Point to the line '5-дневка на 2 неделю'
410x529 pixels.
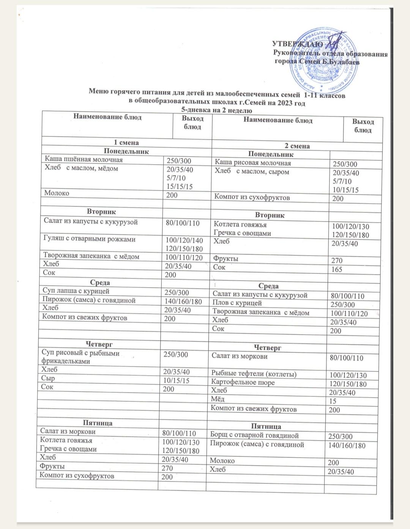(x=217, y=110)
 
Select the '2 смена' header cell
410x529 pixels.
(x=297, y=146)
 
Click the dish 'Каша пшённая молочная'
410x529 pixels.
(x=84, y=159)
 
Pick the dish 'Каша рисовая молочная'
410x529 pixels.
(x=253, y=163)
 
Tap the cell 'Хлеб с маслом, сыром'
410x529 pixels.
(x=252, y=172)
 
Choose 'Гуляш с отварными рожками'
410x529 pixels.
(x=89, y=239)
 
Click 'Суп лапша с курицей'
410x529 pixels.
(x=76, y=291)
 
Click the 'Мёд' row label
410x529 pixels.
(x=218, y=399)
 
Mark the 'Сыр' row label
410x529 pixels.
(x=48, y=378)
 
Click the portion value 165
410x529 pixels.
(x=336, y=269)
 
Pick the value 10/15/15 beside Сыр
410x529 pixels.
(x=176, y=380)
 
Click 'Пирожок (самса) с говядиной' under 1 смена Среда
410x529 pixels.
(x=89, y=300)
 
